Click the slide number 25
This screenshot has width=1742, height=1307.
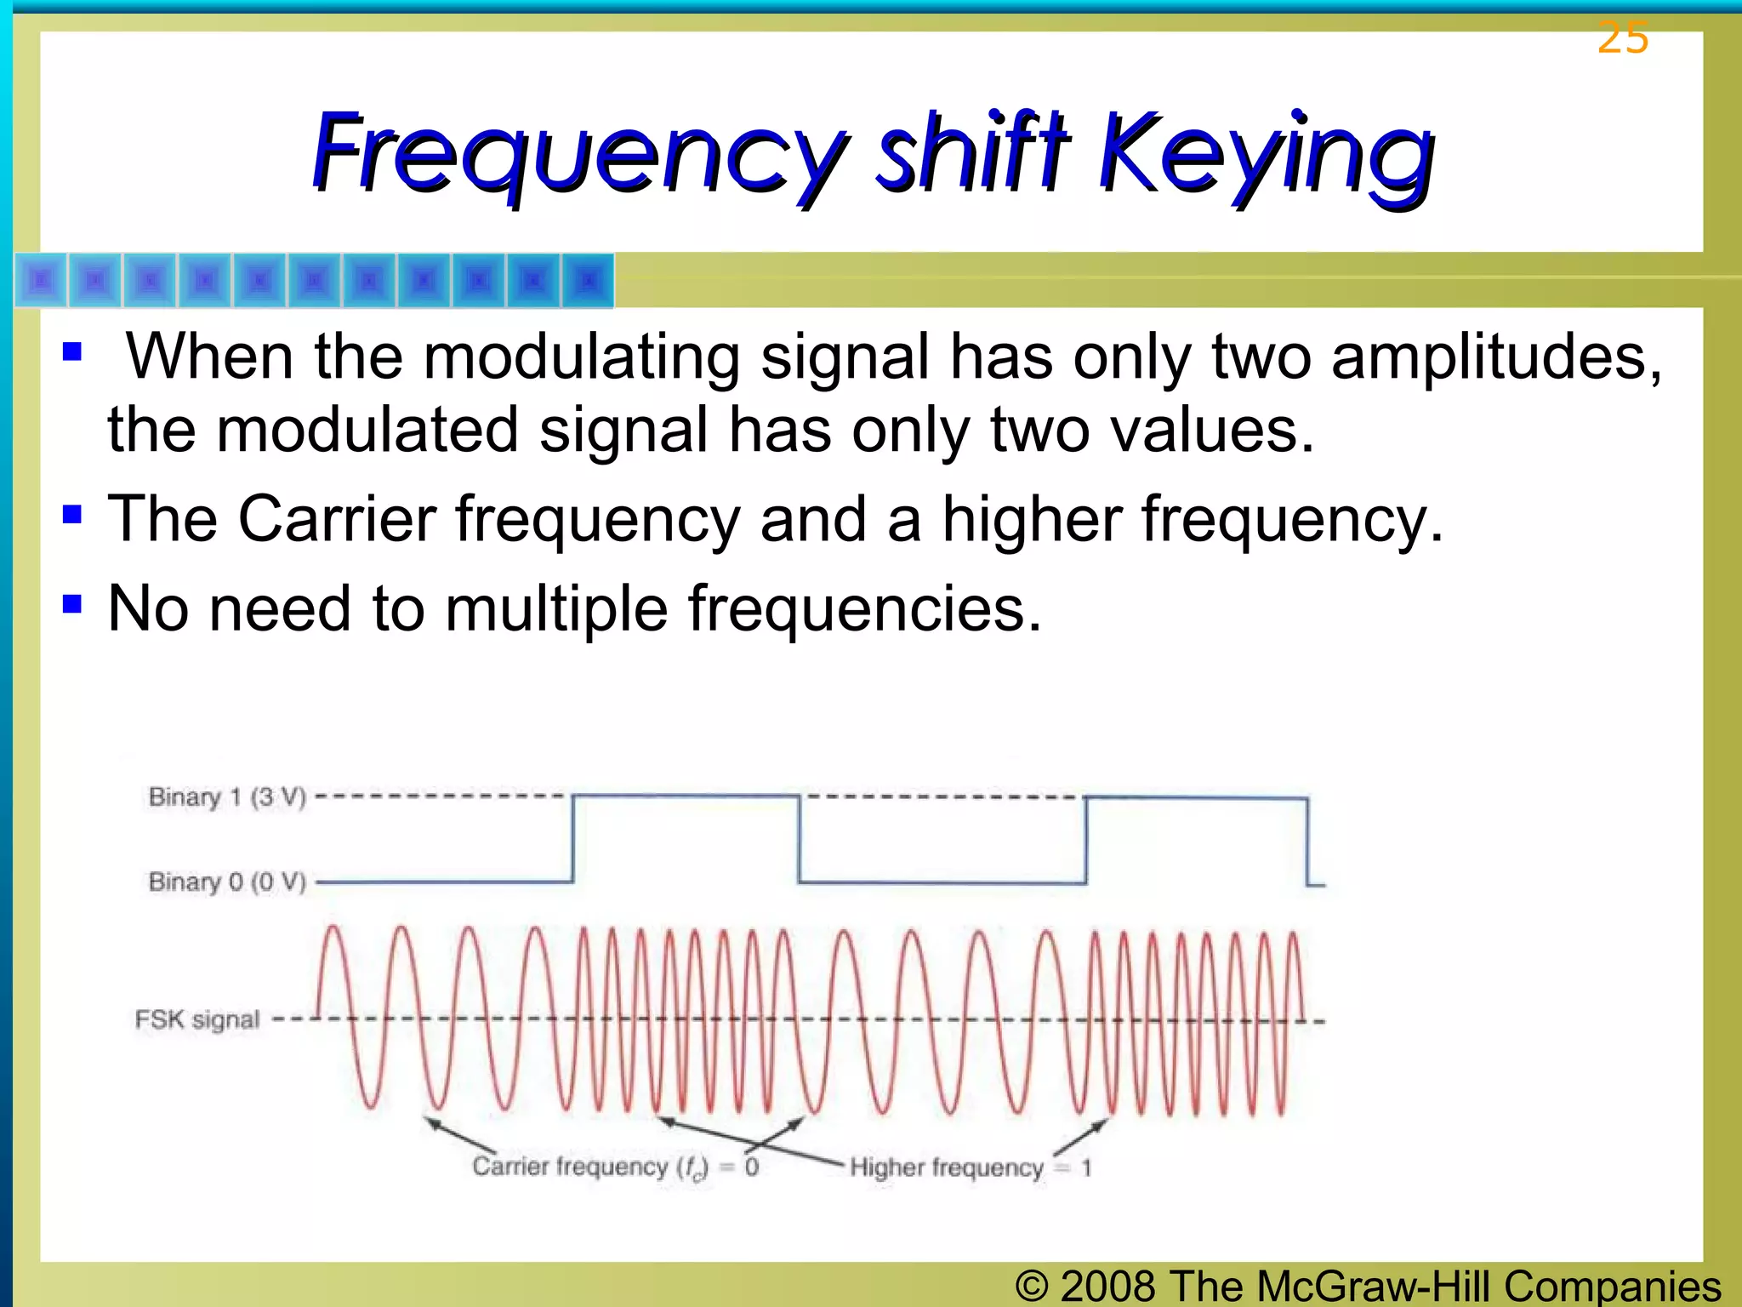point(1622,37)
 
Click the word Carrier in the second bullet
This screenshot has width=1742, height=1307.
point(337,518)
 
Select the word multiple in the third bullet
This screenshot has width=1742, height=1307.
point(556,609)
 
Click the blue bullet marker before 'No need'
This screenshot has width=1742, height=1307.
point(72,603)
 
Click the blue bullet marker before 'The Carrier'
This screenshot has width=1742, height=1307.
point(72,513)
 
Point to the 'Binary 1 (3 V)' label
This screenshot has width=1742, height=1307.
point(226,797)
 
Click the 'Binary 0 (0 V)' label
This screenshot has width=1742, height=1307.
point(226,882)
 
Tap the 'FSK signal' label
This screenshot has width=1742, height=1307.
point(196,1019)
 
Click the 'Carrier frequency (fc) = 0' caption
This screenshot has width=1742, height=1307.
point(615,1167)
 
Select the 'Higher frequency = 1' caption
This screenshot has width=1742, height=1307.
point(970,1167)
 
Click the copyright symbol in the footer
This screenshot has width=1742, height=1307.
point(1031,1287)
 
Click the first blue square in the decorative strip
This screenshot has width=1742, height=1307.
point(41,280)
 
